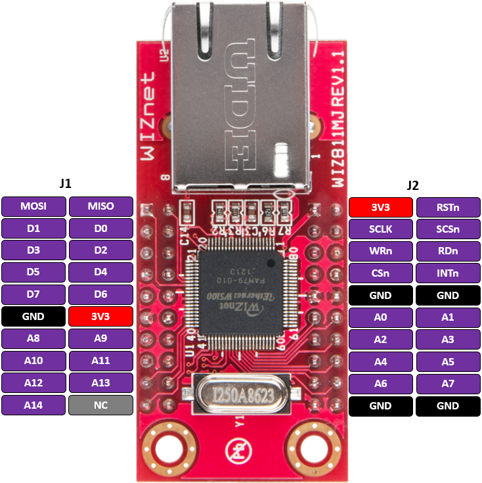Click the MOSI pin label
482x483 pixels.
click(x=33, y=206)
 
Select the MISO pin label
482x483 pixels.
click(x=100, y=206)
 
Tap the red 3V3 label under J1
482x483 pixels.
click(x=100, y=317)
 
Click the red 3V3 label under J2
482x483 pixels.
click(x=381, y=207)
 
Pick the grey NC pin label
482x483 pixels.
click(x=100, y=405)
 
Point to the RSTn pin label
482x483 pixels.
click(x=448, y=207)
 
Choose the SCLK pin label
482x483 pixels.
click(x=381, y=229)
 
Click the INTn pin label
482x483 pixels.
click(x=448, y=273)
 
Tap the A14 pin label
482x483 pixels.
click(x=33, y=405)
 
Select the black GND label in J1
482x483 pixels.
click(x=33, y=317)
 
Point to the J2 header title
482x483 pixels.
click(x=413, y=185)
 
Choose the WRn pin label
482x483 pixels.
click(x=381, y=252)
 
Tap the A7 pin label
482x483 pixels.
click(x=448, y=384)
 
